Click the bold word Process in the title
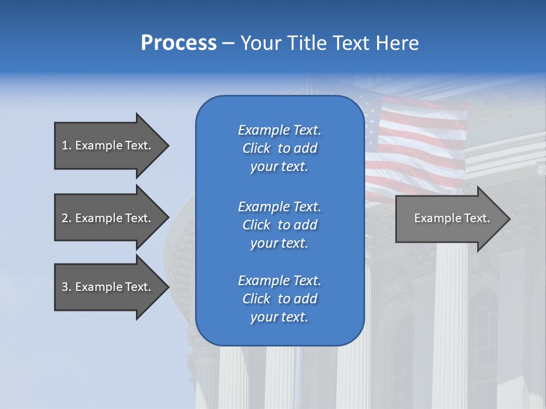tap(179, 43)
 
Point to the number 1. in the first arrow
tap(66, 145)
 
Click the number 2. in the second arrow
tap(66, 218)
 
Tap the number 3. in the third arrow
tap(66, 287)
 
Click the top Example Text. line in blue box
tap(279, 130)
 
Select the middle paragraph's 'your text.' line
tap(279, 243)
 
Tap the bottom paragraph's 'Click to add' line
tap(279, 299)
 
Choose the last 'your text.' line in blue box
tap(279, 317)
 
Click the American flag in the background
tap(421, 142)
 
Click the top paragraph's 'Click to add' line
tap(279, 148)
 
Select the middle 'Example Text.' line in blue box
tap(279, 207)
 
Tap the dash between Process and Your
tap(229, 44)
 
